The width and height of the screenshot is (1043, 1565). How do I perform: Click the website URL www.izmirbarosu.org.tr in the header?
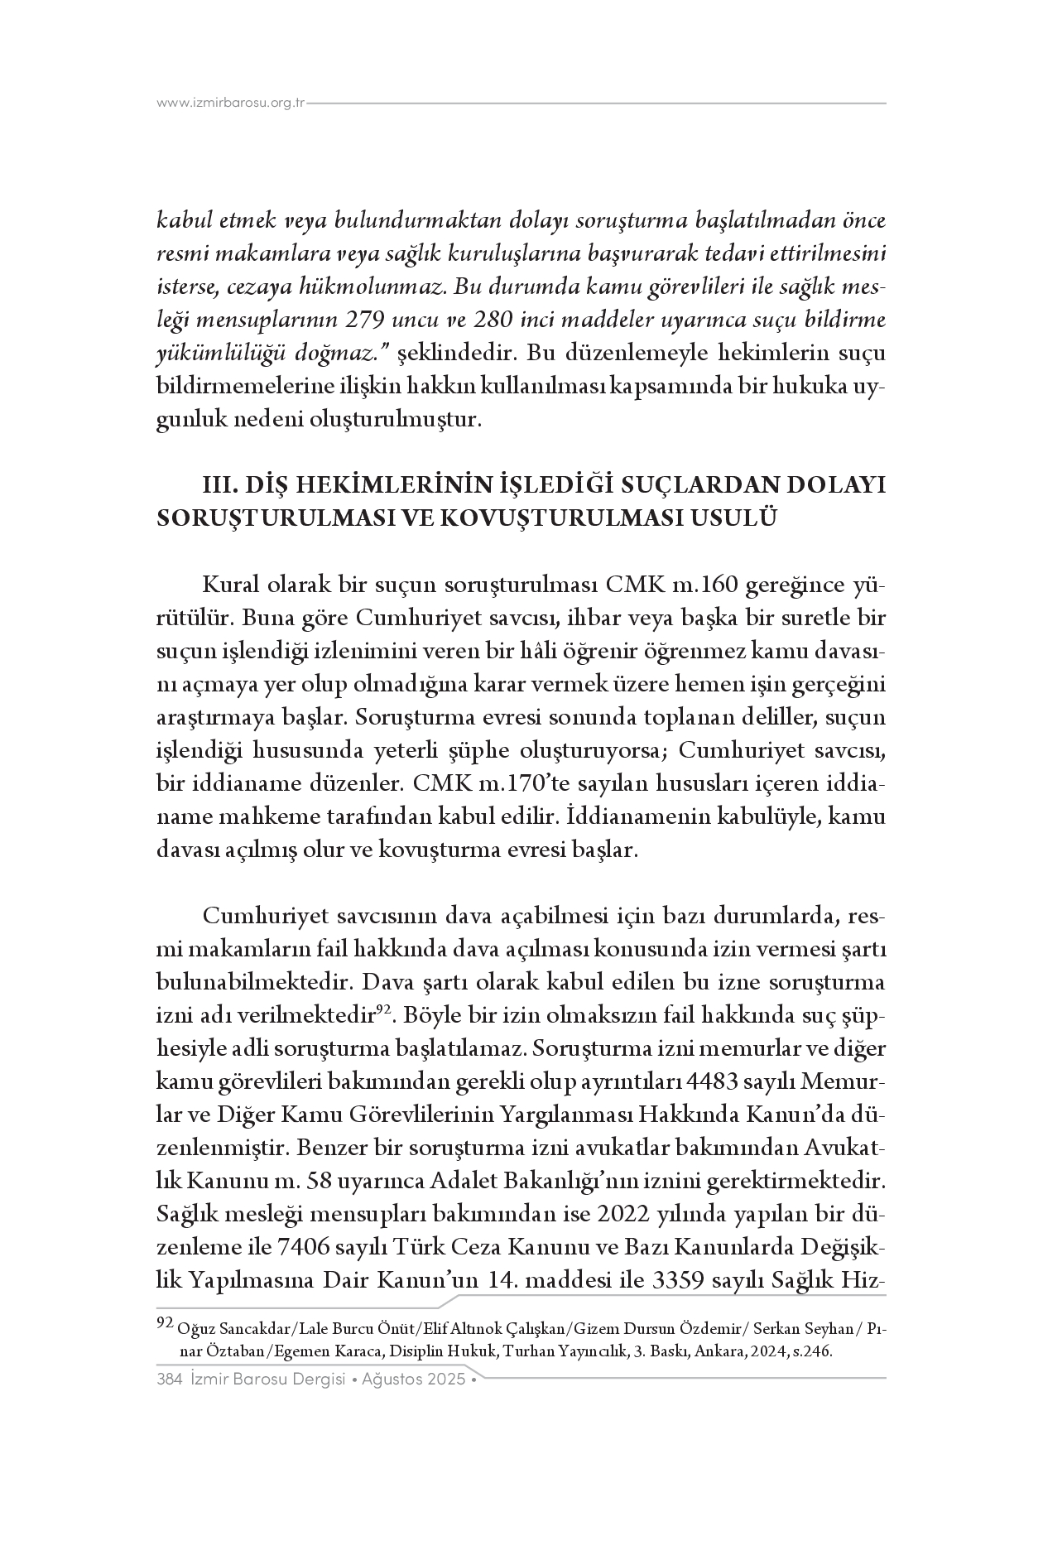[231, 104]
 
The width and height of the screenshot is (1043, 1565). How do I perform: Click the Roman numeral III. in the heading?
[224, 484]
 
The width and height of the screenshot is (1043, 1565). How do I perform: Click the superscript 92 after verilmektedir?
[384, 1009]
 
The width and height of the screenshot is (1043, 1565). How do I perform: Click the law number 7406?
[331, 1248]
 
